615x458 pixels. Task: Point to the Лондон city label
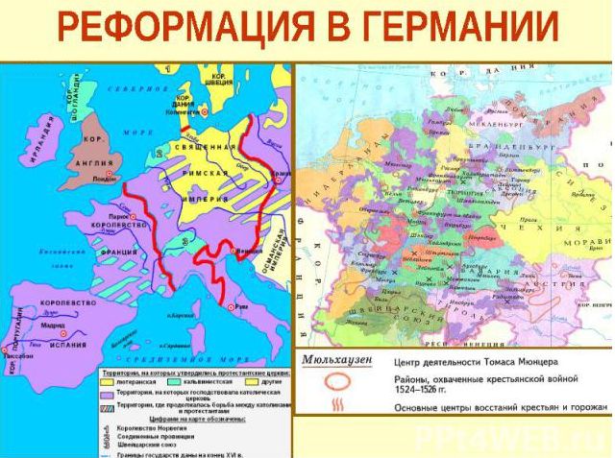105,180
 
